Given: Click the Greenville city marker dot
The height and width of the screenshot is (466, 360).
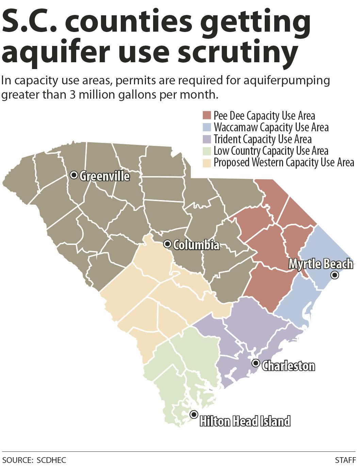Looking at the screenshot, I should click(x=74, y=175).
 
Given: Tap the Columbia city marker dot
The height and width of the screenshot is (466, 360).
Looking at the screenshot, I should click(x=167, y=244).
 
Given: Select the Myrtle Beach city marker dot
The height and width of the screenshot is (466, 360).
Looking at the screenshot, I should click(x=335, y=275).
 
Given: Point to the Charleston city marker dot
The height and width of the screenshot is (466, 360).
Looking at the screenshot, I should click(x=256, y=363).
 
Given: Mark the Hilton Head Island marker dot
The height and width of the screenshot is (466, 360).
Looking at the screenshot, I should click(x=194, y=414).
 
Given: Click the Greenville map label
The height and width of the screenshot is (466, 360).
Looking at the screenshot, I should click(x=104, y=176).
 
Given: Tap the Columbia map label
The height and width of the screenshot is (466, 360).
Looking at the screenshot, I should click(x=196, y=245).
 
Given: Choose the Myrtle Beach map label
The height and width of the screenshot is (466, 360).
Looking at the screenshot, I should click(x=321, y=264).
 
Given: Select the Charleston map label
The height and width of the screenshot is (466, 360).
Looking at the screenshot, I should click(x=288, y=366).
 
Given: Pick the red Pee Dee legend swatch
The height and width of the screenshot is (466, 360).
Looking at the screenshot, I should click(x=207, y=116).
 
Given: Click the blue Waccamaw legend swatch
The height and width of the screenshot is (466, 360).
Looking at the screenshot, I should click(x=207, y=127).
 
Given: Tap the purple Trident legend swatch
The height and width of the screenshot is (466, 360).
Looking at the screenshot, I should click(x=207, y=139).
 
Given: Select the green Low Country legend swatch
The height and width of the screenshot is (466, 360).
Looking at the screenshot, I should click(x=207, y=150).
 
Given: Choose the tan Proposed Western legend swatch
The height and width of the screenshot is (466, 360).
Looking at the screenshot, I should click(x=207, y=162).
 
